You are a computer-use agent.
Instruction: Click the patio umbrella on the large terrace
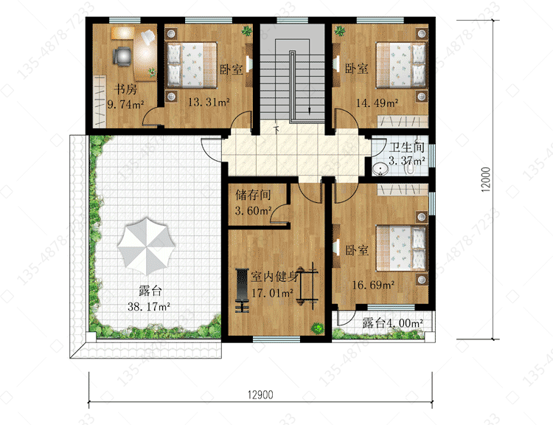point(146,246)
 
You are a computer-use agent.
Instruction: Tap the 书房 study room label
point(125,89)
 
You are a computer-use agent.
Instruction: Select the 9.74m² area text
point(125,104)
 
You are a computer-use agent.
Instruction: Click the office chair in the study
point(122,57)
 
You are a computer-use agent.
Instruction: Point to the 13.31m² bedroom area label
point(209,103)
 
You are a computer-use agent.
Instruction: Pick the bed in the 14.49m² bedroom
point(401,65)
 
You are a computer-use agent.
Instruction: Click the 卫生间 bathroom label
point(406,147)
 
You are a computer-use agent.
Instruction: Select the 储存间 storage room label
point(253,195)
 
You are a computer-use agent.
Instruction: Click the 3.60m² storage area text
point(253,211)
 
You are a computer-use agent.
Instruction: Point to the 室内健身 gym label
point(275,277)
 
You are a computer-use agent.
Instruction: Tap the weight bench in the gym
point(243,291)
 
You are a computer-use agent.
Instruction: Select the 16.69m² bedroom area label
point(374,285)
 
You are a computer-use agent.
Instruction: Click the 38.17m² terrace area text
point(149,306)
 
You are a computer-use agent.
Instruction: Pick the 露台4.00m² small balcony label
point(392,322)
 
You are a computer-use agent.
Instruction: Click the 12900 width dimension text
point(260,395)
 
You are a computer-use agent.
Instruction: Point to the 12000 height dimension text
point(486,180)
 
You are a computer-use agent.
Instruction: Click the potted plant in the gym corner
point(317,328)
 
